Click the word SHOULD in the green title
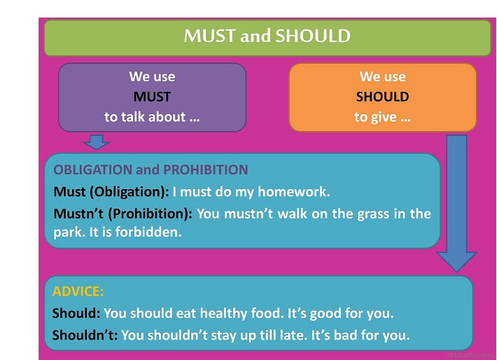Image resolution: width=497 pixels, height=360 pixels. tap(313, 36)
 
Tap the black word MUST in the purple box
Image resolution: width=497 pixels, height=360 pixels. tap(152, 97)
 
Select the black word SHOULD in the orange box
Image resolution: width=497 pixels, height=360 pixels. tap(383, 97)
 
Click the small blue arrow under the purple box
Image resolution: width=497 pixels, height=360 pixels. tap(97, 141)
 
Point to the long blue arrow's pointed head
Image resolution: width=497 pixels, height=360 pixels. tap(456, 272)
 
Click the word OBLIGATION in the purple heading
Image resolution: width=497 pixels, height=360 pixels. tap(93, 169)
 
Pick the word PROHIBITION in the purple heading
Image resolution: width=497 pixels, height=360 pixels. tap(205, 169)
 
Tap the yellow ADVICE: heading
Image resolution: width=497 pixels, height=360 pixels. tap(78, 291)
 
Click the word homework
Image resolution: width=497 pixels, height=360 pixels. tap(294, 192)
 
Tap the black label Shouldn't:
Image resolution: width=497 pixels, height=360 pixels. tap(85, 335)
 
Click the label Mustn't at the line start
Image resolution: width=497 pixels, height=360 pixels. tap(78, 214)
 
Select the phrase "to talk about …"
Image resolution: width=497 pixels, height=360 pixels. tap(152, 117)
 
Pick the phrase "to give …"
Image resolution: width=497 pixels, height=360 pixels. tap(383, 118)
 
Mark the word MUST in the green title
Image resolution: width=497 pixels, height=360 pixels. tap(210, 36)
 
